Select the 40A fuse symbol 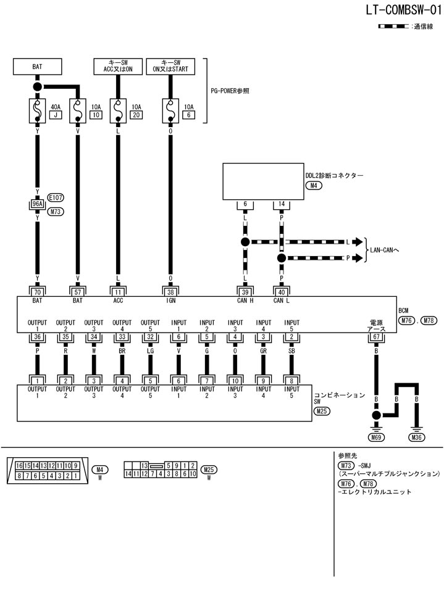(38, 110)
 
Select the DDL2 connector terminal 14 (282, 204)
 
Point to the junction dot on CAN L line (282, 258)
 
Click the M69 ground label (375, 437)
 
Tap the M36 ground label (417, 437)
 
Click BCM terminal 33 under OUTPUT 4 (122, 336)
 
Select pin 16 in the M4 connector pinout (20, 465)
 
